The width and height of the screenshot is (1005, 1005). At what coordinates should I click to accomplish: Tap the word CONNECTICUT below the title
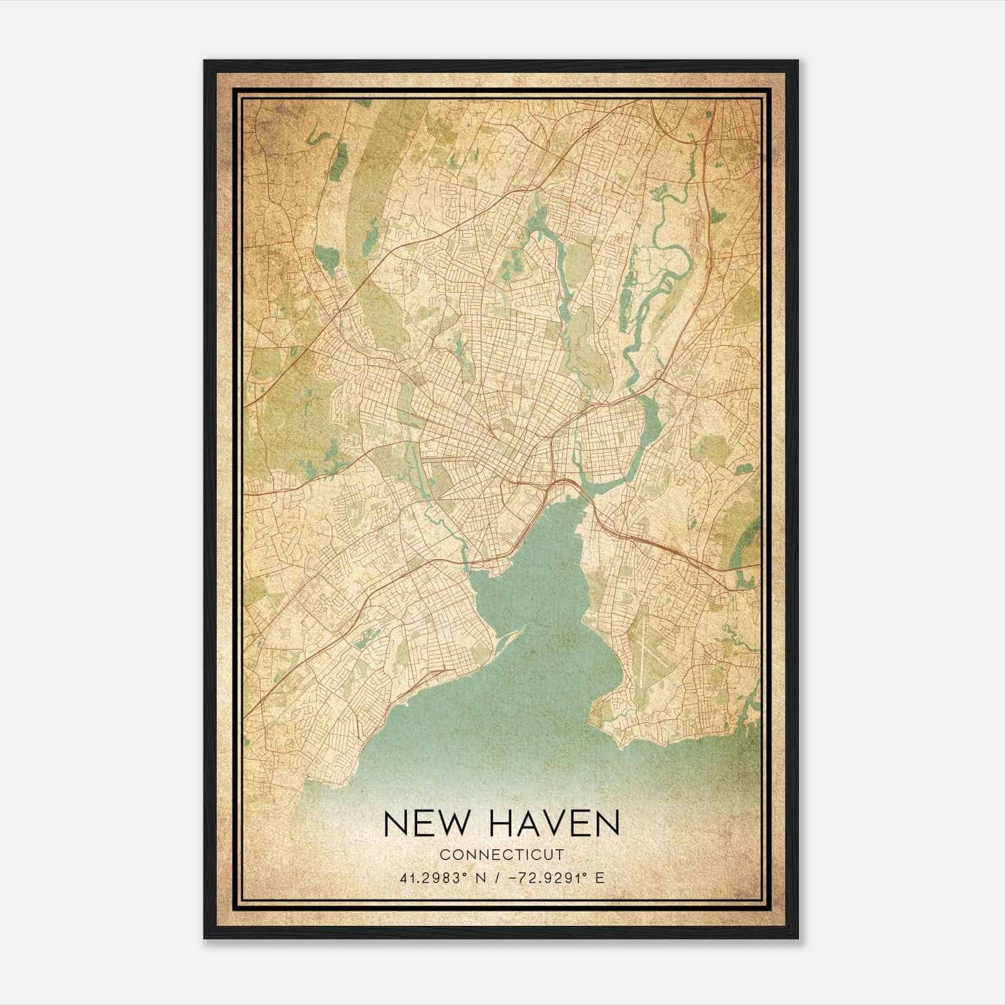click(502, 854)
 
